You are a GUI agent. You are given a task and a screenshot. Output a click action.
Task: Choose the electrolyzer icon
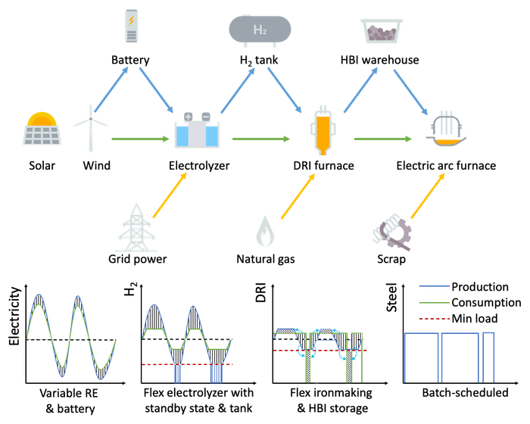(x=197, y=130)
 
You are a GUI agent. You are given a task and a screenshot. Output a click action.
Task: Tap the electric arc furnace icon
(x=447, y=130)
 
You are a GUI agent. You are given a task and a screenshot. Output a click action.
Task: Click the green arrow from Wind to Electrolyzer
(x=139, y=139)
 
